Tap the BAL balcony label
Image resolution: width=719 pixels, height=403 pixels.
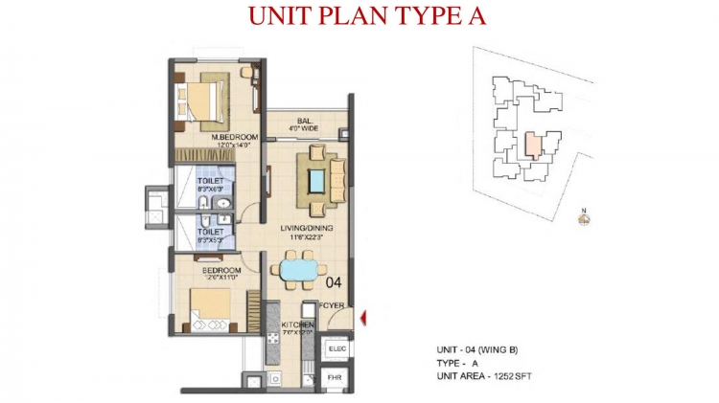point(305,122)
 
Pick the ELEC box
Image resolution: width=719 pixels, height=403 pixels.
point(336,350)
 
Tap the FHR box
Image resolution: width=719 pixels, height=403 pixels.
point(336,379)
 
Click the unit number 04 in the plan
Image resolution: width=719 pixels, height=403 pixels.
point(334,282)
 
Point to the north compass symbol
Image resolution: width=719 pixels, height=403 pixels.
point(584,218)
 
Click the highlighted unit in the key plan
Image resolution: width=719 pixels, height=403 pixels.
point(532,146)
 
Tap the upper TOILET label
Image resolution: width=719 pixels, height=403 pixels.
point(211,180)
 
